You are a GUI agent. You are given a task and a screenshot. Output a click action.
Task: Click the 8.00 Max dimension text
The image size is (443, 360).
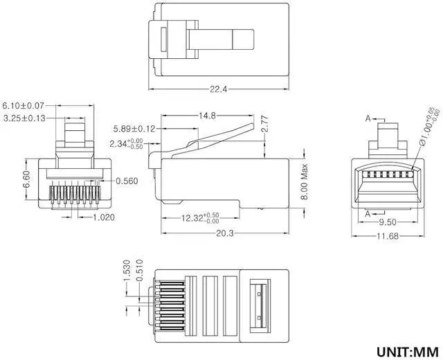click(x=303, y=181)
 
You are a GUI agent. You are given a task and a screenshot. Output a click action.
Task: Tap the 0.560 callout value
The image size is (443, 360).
click(x=127, y=181)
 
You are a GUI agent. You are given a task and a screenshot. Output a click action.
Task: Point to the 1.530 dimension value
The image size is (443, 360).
click(x=127, y=269)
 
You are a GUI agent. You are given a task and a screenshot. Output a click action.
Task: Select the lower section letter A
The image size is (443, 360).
click(x=368, y=213)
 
